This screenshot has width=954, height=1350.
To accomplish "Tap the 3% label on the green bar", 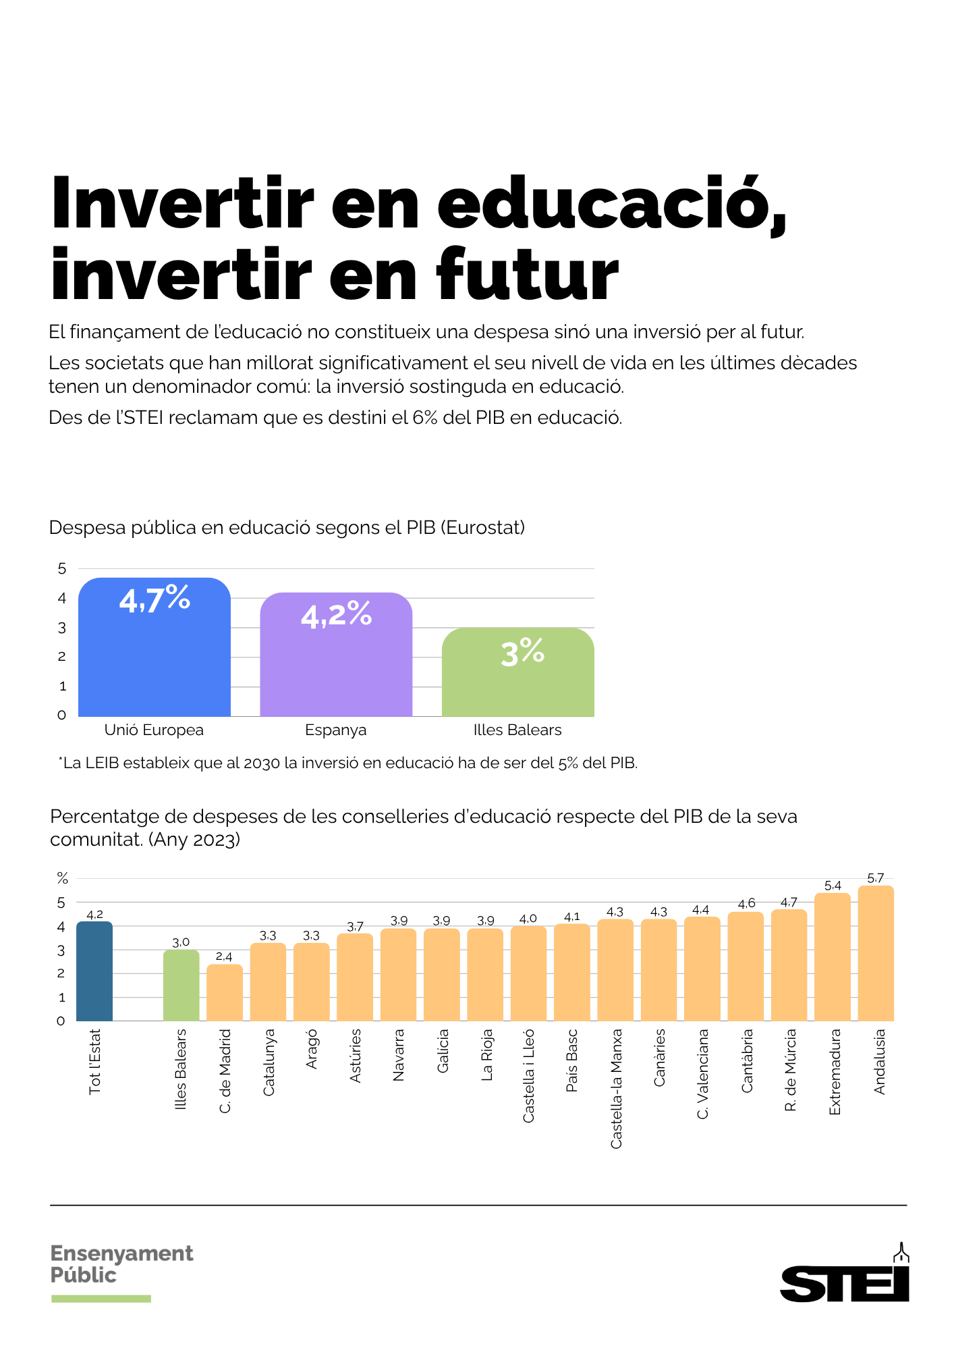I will [522, 652].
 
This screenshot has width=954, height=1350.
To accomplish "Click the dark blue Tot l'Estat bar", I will [94, 972].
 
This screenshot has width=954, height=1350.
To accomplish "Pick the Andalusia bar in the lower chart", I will [876, 955].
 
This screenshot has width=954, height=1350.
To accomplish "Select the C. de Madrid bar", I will [225, 993].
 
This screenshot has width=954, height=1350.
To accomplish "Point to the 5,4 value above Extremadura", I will [833, 886].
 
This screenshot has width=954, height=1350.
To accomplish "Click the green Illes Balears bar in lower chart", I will [181, 986].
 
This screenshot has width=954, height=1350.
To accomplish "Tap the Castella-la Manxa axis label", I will [616, 1088].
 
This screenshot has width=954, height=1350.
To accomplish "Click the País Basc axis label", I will [572, 1060].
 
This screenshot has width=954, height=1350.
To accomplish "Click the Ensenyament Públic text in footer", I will [121, 1264].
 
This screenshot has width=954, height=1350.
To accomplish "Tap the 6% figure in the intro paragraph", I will [424, 418].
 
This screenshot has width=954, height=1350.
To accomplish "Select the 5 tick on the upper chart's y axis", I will [62, 569].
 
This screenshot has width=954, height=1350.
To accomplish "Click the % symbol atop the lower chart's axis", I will [62, 878].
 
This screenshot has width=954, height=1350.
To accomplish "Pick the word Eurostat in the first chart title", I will [482, 528].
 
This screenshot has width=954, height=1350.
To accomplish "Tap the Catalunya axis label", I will [269, 1062].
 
